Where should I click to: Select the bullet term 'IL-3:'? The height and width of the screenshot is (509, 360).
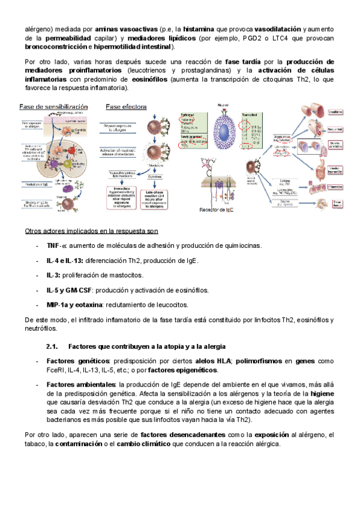(x=53, y=275)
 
